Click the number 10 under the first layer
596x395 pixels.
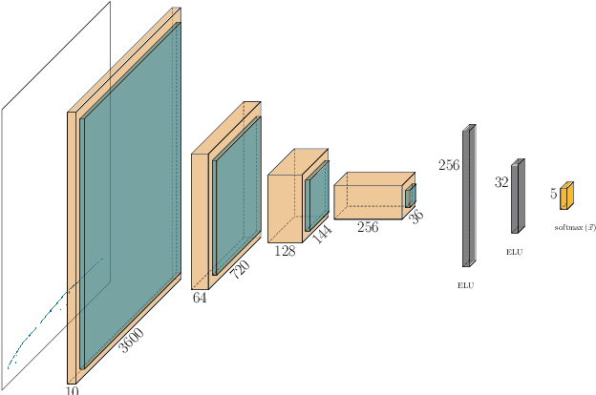click(x=73, y=388)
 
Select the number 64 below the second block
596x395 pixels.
click(x=200, y=298)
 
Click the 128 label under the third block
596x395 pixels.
click(x=284, y=250)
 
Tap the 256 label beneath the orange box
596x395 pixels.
click(x=368, y=227)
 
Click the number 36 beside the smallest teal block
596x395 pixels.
click(x=415, y=216)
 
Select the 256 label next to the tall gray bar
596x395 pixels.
click(x=449, y=165)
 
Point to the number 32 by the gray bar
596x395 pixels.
click(x=501, y=182)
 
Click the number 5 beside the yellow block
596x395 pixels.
click(x=554, y=194)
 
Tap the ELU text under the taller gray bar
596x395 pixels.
click(x=466, y=285)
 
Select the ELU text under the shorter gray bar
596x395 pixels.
click(x=515, y=252)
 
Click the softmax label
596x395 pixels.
click(x=575, y=227)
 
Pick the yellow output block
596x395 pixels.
click(x=566, y=196)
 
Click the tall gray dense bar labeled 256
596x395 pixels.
click(x=468, y=196)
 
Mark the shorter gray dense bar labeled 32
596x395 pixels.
click(x=516, y=197)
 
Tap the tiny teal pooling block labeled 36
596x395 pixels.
click(x=411, y=196)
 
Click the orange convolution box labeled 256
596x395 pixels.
click(x=369, y=197)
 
